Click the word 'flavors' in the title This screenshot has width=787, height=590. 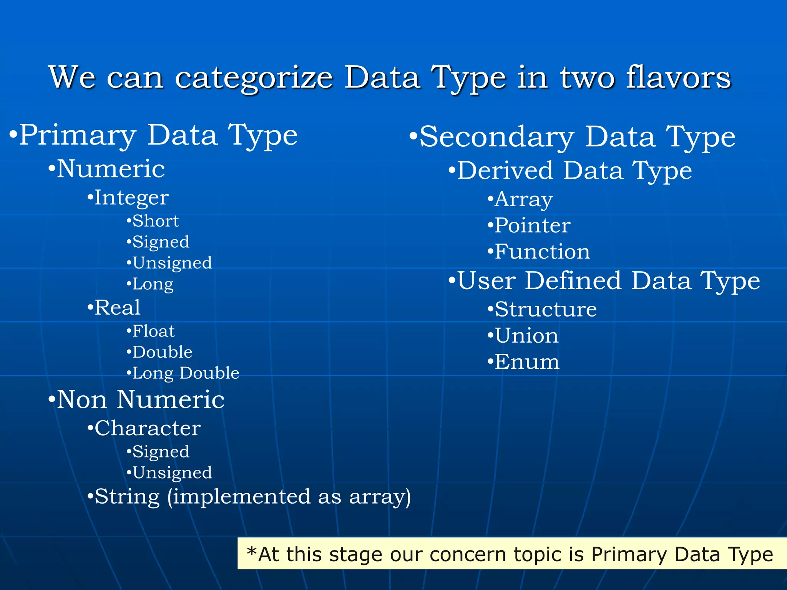point(678,78)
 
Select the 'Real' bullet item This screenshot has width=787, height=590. point(117,308)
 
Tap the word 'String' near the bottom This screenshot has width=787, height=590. point(127,497)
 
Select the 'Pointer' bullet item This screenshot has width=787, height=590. point(532,225)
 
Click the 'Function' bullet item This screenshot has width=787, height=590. point(542,252)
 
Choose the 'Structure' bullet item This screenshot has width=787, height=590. point(546,310)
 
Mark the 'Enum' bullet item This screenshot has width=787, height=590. point(527,362)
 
